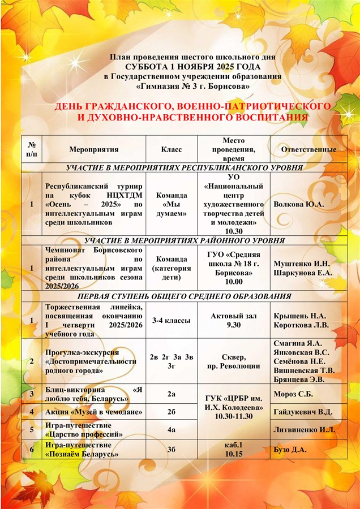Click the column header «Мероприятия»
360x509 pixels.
pos(93,149)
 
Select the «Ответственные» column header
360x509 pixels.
pos(308,149)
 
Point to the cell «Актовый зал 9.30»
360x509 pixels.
pos(233,320)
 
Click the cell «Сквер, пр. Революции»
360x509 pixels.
pos(233,362)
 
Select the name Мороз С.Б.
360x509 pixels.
pos(293,393)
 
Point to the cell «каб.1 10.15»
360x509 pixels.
pos(233,449)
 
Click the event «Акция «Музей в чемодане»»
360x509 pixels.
pos(93,411)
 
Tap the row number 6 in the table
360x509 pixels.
pos(32,449)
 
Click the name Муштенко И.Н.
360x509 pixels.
pos(302,264)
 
